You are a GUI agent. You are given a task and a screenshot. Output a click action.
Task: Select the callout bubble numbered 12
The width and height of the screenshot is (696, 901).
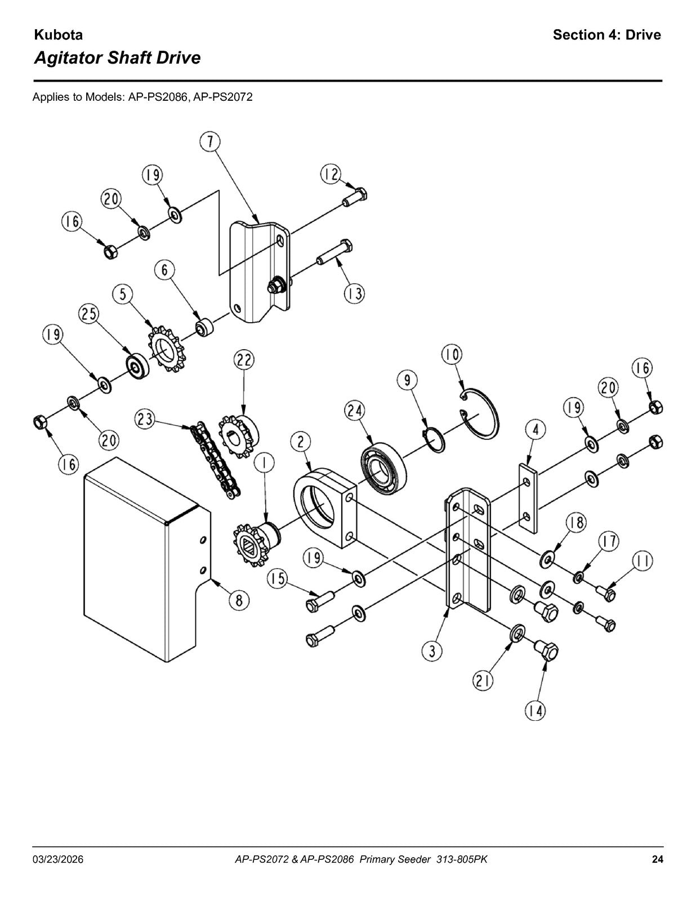click(331, 175)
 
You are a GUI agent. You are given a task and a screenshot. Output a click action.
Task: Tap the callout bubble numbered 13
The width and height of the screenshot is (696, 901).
click(354, 294)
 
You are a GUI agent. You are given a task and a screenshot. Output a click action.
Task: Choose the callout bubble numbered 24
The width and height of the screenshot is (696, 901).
click(354, 411)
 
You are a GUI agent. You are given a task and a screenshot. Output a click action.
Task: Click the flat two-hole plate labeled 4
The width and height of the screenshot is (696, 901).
click(528, 498)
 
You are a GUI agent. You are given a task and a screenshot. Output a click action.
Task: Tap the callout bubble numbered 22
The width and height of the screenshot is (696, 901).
click(244, 360)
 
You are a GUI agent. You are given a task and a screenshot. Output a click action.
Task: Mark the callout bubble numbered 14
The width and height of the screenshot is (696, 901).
click(535, 712)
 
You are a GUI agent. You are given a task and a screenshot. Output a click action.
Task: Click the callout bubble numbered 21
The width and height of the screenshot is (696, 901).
click(483, 681)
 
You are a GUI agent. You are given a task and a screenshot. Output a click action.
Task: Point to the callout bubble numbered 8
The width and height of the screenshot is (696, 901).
click(239, 600)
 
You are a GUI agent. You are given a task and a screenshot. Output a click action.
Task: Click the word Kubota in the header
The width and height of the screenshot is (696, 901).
click(58, 35)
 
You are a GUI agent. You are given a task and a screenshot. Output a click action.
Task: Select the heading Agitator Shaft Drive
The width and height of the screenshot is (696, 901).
click(117, 57)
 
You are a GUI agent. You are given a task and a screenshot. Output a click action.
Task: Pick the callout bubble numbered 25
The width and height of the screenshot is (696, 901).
click(88, 314)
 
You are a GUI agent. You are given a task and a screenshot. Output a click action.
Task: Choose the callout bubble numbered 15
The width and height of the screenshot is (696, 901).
click(277, 578)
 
